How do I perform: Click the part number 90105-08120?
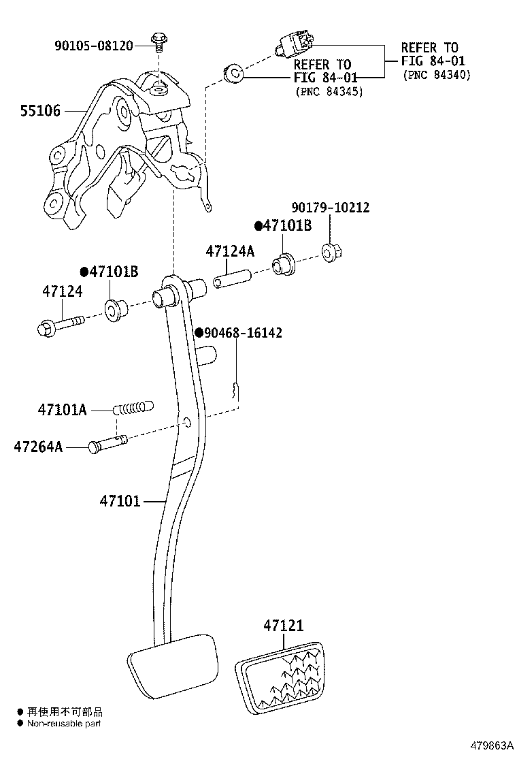(94, 46)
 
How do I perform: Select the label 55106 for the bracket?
(41, 111)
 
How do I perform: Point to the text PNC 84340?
(437, 75)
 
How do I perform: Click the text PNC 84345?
(329, 91)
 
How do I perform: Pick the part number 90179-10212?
(331, 208)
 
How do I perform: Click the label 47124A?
(230, 251)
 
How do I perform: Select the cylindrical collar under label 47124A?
(233, 280)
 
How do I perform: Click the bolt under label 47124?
(61, 325)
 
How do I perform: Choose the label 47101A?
(62, 410)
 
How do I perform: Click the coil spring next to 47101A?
(133, 408)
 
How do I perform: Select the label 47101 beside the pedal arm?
(120, 501)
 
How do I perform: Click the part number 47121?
(284, 626)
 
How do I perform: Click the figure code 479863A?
(492, 745)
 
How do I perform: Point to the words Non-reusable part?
(64, 723)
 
